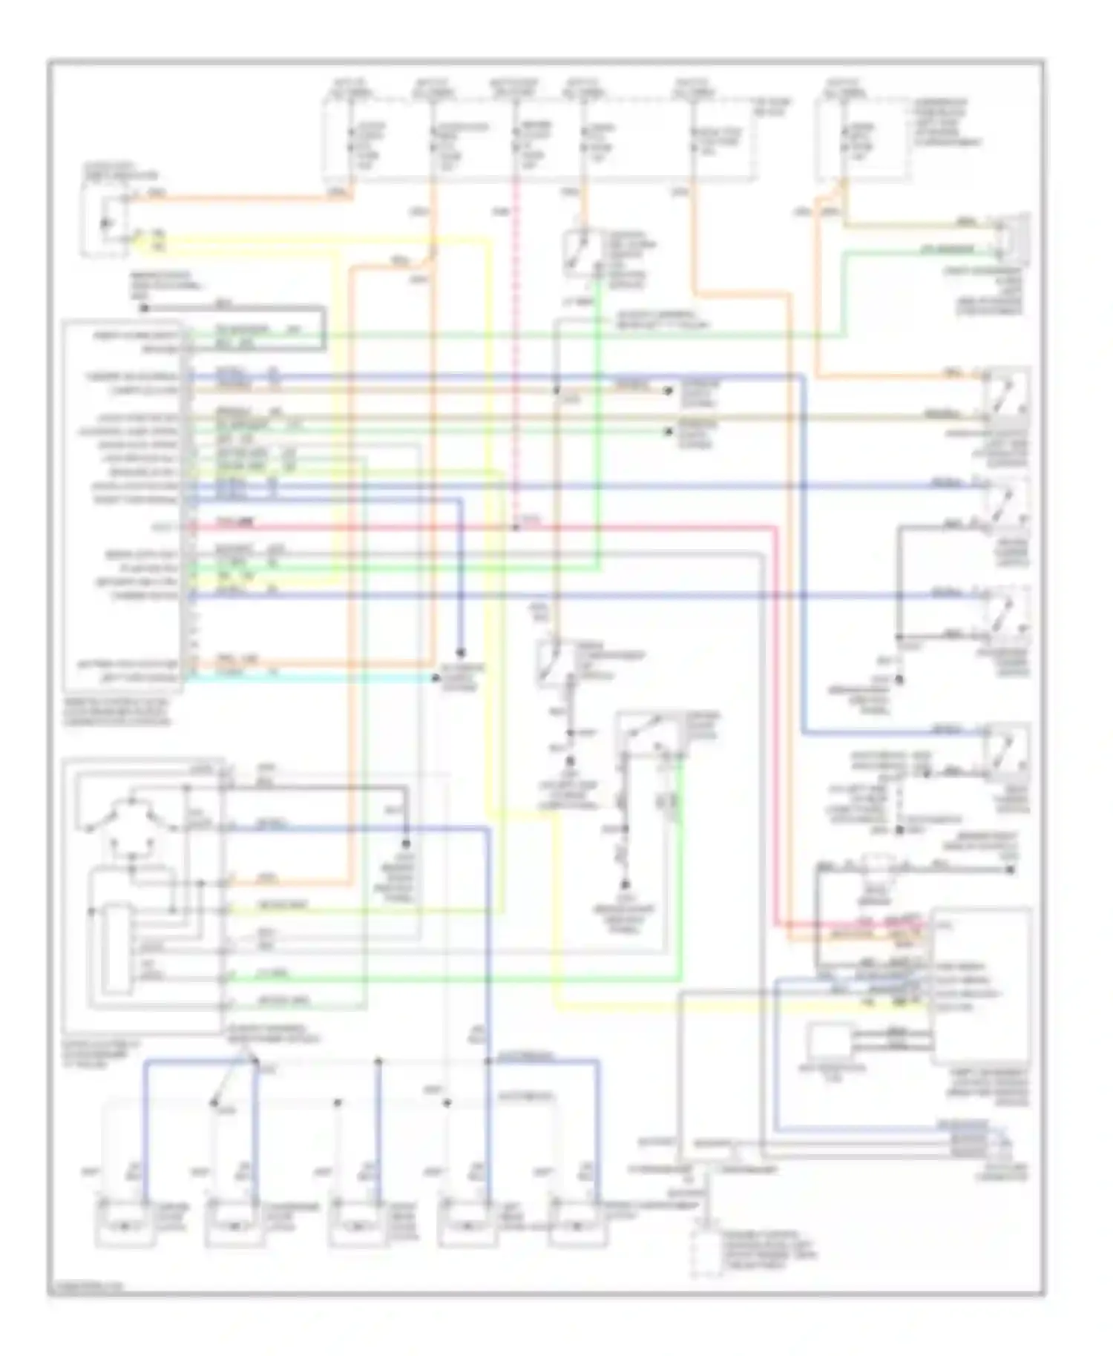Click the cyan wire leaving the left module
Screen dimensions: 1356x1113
point(312,677)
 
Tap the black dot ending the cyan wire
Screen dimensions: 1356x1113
point(436,677)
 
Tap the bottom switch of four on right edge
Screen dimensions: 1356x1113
point(1007,751)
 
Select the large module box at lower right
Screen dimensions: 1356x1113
point(981,987)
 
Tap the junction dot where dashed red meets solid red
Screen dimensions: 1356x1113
point(516,527)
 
